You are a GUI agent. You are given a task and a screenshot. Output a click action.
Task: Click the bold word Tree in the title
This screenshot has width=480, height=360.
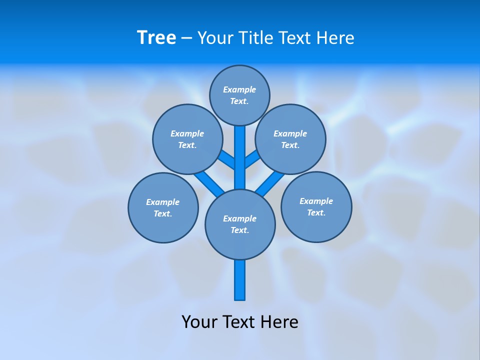coord(156,37)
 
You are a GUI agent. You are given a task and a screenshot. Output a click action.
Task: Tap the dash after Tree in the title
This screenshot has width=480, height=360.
coord(186,38)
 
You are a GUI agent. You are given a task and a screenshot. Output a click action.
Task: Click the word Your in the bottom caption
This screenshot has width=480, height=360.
coord(199,322)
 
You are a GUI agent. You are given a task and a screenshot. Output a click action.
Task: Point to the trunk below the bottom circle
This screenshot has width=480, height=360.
coord(240,280)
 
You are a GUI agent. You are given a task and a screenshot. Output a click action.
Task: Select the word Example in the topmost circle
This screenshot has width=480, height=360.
coord(239,90)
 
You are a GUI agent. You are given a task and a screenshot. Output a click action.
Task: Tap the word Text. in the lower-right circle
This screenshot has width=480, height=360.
coord(316,213)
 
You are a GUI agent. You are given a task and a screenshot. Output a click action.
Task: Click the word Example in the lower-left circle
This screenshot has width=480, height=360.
coord(162,202)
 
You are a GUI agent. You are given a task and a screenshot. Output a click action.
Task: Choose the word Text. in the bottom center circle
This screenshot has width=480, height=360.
coord(239,230)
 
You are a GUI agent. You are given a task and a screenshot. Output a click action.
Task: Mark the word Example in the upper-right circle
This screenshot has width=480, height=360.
coord(290,134)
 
